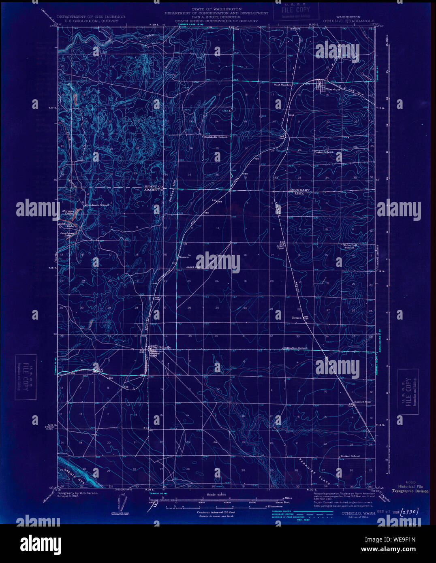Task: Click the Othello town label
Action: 165,347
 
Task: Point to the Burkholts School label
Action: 216,137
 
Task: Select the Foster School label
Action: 323,152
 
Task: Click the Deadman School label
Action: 97,205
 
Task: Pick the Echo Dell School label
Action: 349,246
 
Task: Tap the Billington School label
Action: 295,348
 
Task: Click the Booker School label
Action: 350,456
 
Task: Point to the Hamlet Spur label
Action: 363,402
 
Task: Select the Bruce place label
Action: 297,318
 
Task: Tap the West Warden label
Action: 282,85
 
